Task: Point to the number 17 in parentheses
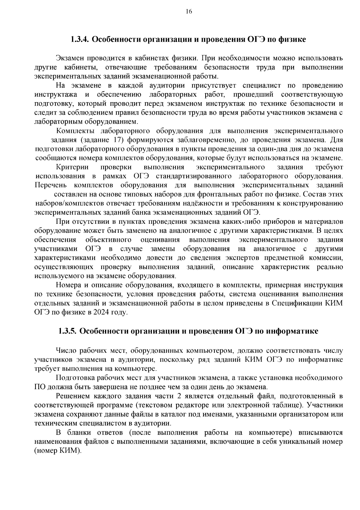pos(118,140)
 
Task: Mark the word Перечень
pos(50,185)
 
